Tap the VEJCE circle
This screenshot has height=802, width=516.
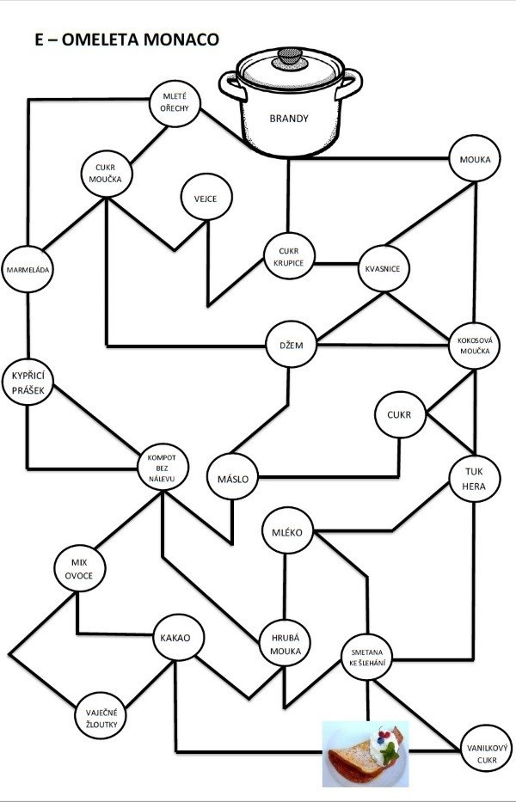(206, 198)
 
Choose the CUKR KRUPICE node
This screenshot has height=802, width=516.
(290, 255)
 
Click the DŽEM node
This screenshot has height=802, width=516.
(291, 344)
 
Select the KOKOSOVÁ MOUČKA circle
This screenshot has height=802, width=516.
(473, 346)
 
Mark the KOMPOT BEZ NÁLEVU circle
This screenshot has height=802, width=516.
(162, 468)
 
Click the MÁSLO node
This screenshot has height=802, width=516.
(232, 479)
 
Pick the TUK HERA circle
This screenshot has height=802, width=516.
(474, 478)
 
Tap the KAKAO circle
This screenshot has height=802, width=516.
(181, 638)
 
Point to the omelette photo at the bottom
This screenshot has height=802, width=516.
(365, 753)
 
